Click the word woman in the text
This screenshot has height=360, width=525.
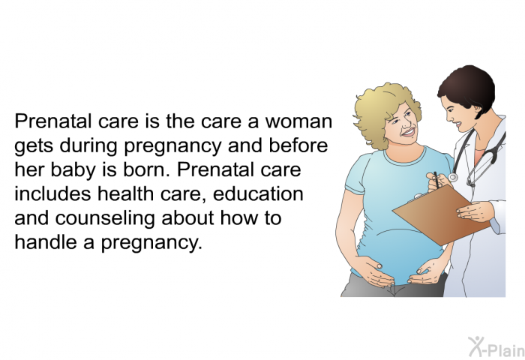(x=298, y=122)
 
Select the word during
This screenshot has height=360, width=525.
(x=88, y=145)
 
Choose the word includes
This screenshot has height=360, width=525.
(x=52, y=193)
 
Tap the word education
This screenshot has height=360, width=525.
(x=258, y=193)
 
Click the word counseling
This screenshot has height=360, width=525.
(x=105, y=219)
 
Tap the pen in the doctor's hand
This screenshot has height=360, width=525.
(x=436, y=179)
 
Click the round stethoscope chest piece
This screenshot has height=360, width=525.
(x=453, y=178)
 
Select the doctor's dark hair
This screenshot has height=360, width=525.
(x=469, y=88)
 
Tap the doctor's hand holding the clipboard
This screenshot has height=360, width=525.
(x=475, y=211)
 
